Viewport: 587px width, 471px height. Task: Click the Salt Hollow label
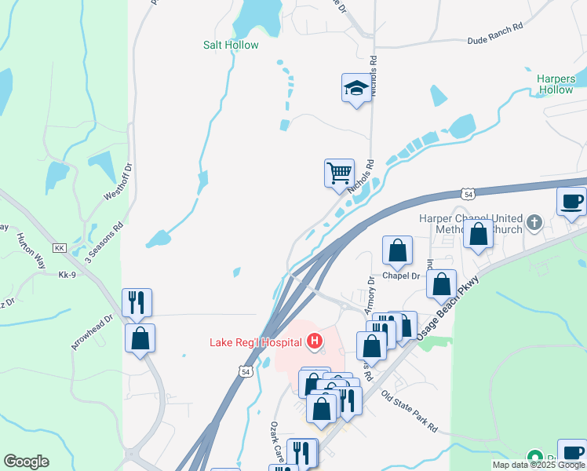[x=231, y=45]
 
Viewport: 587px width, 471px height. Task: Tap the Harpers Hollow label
[x=556, y=84]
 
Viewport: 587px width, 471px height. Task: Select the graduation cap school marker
[x=356, y=89]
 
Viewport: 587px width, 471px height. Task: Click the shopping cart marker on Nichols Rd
[x=339, y=173]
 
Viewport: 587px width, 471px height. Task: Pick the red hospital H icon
[x=315, y=341]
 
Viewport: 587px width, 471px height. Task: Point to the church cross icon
[x=535, y=221]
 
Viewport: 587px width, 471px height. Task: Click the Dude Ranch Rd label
[x=494, y=35]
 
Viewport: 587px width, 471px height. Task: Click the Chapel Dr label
[x=402, y=276]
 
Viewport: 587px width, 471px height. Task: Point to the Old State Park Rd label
[x=409, y=411]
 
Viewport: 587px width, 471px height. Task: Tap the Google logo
[x=26, y=462]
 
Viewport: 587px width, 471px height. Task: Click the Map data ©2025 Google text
[x=538, y=465]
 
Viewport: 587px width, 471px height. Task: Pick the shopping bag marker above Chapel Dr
[x=398, y=250]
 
